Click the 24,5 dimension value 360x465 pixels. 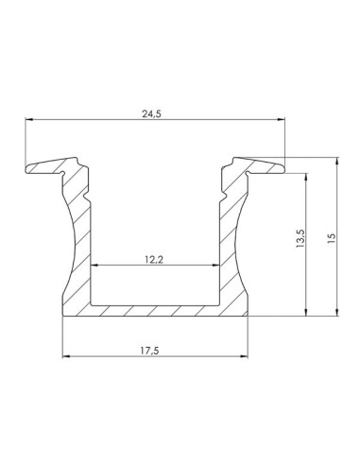pos(155,111)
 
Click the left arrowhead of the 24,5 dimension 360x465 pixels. pos(29,120)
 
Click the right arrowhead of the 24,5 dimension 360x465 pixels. pos(282,120)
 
